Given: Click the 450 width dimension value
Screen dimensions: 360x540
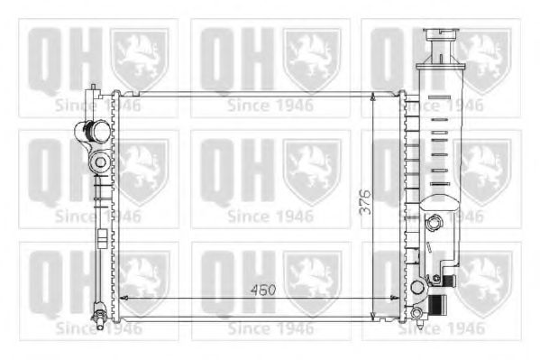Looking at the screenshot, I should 262,291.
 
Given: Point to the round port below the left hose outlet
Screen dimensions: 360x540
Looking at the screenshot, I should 99,162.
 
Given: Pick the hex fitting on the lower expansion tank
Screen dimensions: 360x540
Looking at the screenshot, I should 436,222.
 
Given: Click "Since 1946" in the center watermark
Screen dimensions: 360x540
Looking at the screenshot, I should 270,217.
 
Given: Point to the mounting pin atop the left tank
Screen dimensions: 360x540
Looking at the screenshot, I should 93,88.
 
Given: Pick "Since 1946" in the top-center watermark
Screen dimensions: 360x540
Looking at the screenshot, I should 270,106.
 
